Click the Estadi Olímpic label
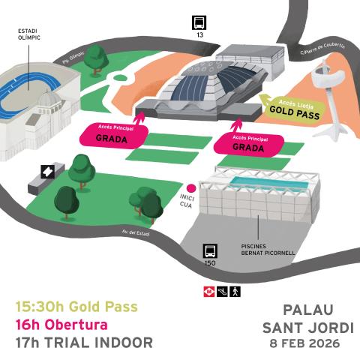point(28,37)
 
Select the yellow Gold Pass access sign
point(293,111)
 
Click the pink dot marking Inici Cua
point(191,188)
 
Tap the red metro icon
point(208,290)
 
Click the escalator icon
point(222,290)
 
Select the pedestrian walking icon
point(235,290)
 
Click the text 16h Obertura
point(61,325)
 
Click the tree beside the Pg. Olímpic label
point(95,61)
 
